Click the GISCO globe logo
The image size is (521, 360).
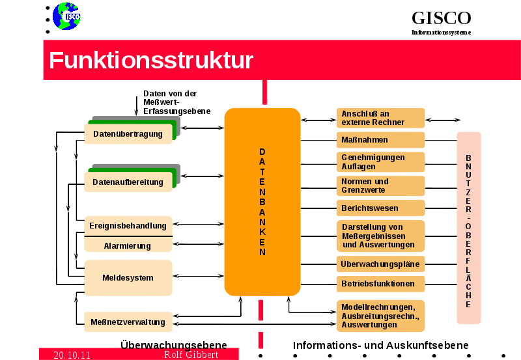click(66, 16)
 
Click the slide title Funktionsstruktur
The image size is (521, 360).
click(151, 61)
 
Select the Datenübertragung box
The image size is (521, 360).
click(128, 134)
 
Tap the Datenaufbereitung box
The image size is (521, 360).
click(128, 182)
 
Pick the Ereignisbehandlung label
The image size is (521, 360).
click(128, 226)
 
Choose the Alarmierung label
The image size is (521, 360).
click(128, 245)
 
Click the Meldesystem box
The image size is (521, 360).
click(128, 278)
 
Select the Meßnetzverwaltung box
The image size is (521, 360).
click(128, 322)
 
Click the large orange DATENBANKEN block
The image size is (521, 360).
click(262, 202)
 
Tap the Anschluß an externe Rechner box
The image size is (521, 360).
click(380, 118)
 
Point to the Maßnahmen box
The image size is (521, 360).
click(380, 140)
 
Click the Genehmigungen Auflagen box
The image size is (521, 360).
click(380, 162)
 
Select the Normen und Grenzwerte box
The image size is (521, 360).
click(380, 186)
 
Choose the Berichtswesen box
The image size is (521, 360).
click(380, 208)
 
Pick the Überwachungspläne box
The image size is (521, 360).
click(380, 264)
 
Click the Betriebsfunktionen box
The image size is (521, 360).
click(380, 284)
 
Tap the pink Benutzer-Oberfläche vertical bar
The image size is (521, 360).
click(468, 228)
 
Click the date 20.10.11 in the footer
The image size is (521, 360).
click(72, 355)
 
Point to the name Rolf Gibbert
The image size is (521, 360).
click(191, 355)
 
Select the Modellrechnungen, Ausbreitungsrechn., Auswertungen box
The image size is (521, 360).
click(380, 316)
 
